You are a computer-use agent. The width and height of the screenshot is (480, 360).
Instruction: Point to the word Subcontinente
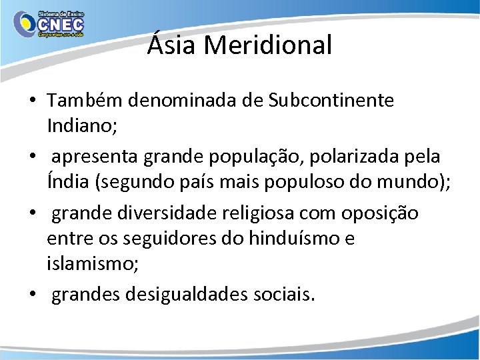331,101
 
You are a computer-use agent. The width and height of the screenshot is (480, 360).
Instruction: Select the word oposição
380,213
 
